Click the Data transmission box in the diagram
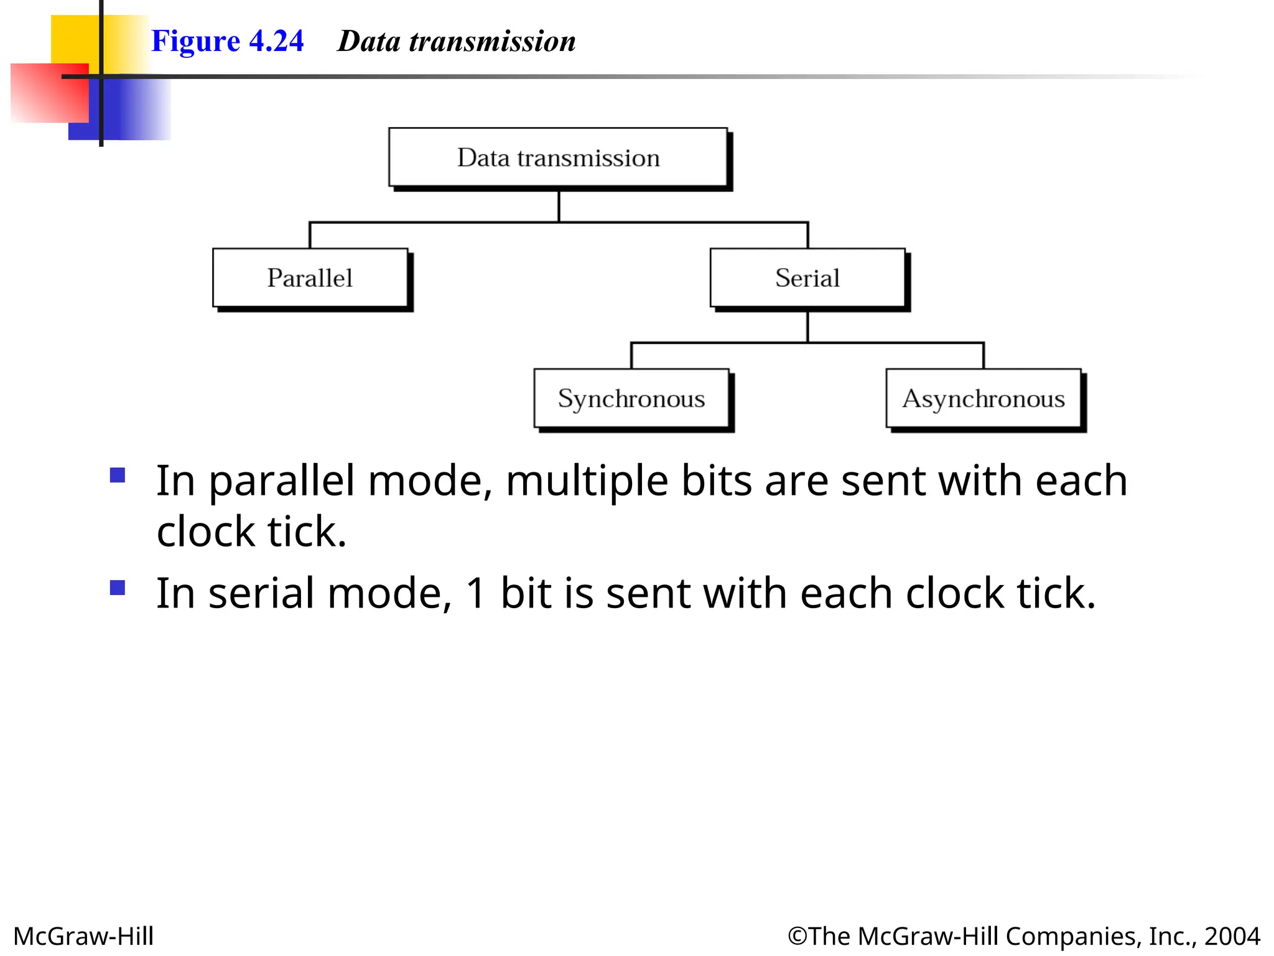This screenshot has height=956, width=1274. pos(558,157)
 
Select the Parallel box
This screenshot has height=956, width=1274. pos(310,278)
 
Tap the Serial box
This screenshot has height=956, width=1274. pos(807,278)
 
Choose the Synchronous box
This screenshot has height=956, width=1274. pos(631,398)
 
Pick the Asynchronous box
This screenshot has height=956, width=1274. pos(983,398)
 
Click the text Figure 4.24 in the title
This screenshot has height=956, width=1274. pos(227,41)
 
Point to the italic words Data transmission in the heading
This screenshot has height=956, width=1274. pos(456,41)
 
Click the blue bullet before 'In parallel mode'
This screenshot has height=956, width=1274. pos(118,476)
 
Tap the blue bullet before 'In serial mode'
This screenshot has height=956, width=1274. pos(118,588)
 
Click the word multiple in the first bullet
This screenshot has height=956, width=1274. pos(587,481)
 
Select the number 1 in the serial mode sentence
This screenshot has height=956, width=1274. pos(476,593)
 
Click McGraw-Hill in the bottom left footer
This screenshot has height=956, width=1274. pos(83,936)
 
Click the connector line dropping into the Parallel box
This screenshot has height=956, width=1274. pos(310,235)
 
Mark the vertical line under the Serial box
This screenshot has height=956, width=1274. pos(807,326)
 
